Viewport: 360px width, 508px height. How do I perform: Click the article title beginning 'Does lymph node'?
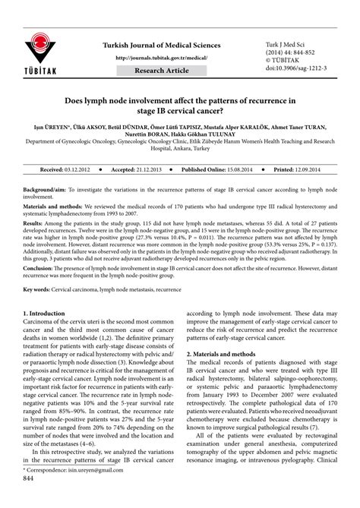180,106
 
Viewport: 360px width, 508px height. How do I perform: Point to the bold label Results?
33,226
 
